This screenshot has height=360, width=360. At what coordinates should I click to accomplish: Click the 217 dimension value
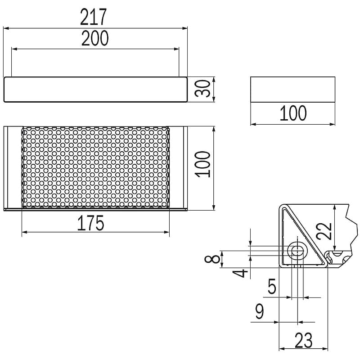94,17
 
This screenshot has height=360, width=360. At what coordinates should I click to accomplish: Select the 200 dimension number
95,38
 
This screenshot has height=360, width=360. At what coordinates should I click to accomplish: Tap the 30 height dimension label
202,88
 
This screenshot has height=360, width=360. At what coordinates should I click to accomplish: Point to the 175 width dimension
91,223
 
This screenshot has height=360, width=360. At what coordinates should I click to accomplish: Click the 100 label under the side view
293,113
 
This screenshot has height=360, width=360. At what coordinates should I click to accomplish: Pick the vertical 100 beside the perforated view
202,164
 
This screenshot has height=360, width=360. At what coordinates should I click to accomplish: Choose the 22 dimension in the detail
324,231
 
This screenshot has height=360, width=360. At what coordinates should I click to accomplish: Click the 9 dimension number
260,311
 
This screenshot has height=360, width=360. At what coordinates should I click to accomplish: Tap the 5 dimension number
272,286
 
